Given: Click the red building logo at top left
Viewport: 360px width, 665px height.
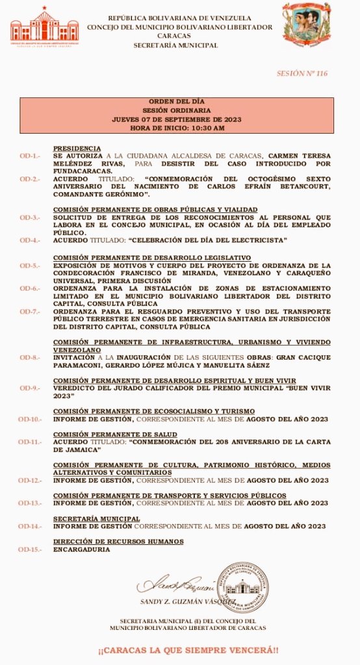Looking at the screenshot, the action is (44, 26).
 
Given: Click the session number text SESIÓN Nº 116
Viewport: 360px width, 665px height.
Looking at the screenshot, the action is (302, 73).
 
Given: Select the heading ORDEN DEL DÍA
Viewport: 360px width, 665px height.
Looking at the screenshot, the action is (177, 103).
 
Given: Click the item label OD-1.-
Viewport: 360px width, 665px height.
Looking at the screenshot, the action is (29, 157).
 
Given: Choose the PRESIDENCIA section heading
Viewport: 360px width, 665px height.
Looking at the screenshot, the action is (77, 149).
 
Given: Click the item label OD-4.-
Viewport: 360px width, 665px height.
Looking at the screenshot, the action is (29, 240).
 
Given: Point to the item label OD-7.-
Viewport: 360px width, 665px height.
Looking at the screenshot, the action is (29, 312).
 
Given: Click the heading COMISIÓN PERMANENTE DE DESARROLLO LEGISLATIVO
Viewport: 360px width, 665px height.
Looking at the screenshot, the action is (151, 258).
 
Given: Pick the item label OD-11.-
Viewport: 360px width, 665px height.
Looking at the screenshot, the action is (29, 442).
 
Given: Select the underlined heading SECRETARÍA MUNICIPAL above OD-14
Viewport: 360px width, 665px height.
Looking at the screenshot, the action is (96, 519).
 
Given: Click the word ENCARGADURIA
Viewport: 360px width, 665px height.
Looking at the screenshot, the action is (81, 549).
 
